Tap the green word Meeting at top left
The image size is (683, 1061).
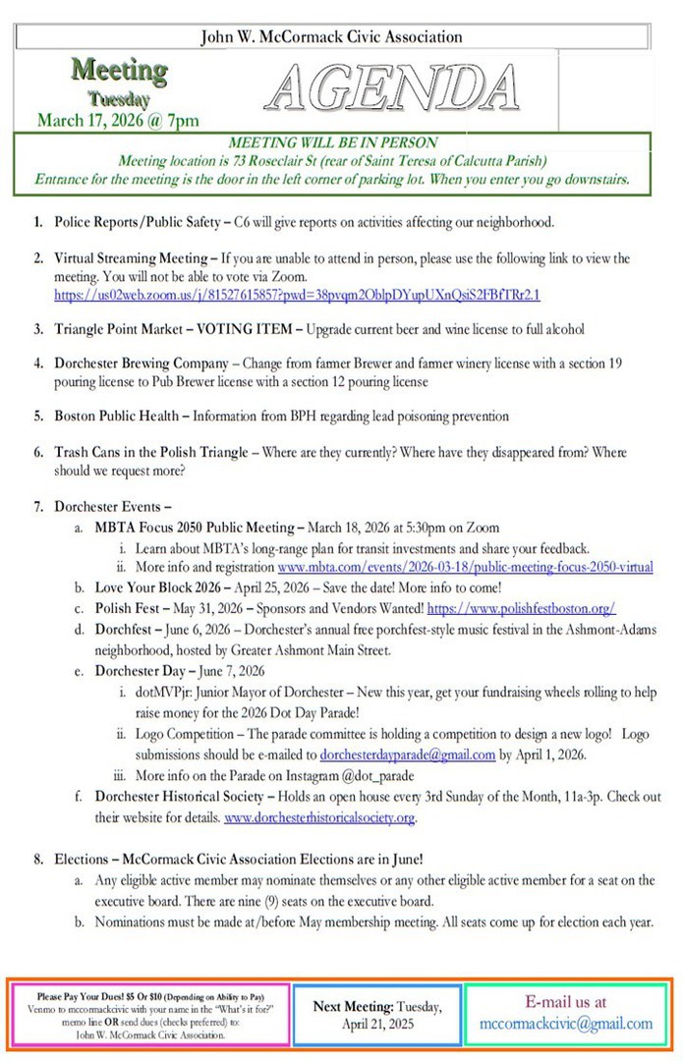click(119, 71)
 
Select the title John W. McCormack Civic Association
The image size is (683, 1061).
click(331, 37)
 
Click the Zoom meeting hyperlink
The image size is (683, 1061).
click(297, 294)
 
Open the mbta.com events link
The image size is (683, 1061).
click(465, 567)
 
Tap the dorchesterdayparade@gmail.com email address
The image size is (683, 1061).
click(408, 754)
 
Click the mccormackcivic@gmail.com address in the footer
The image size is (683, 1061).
click(566, 1023)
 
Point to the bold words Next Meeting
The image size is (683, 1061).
click(354, 1006)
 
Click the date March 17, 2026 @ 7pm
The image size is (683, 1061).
click(118, 121)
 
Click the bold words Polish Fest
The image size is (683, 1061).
click(128, 608)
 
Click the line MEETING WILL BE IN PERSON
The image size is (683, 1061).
click(332, 143)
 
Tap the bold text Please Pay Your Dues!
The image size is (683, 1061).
click(82, 995)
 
